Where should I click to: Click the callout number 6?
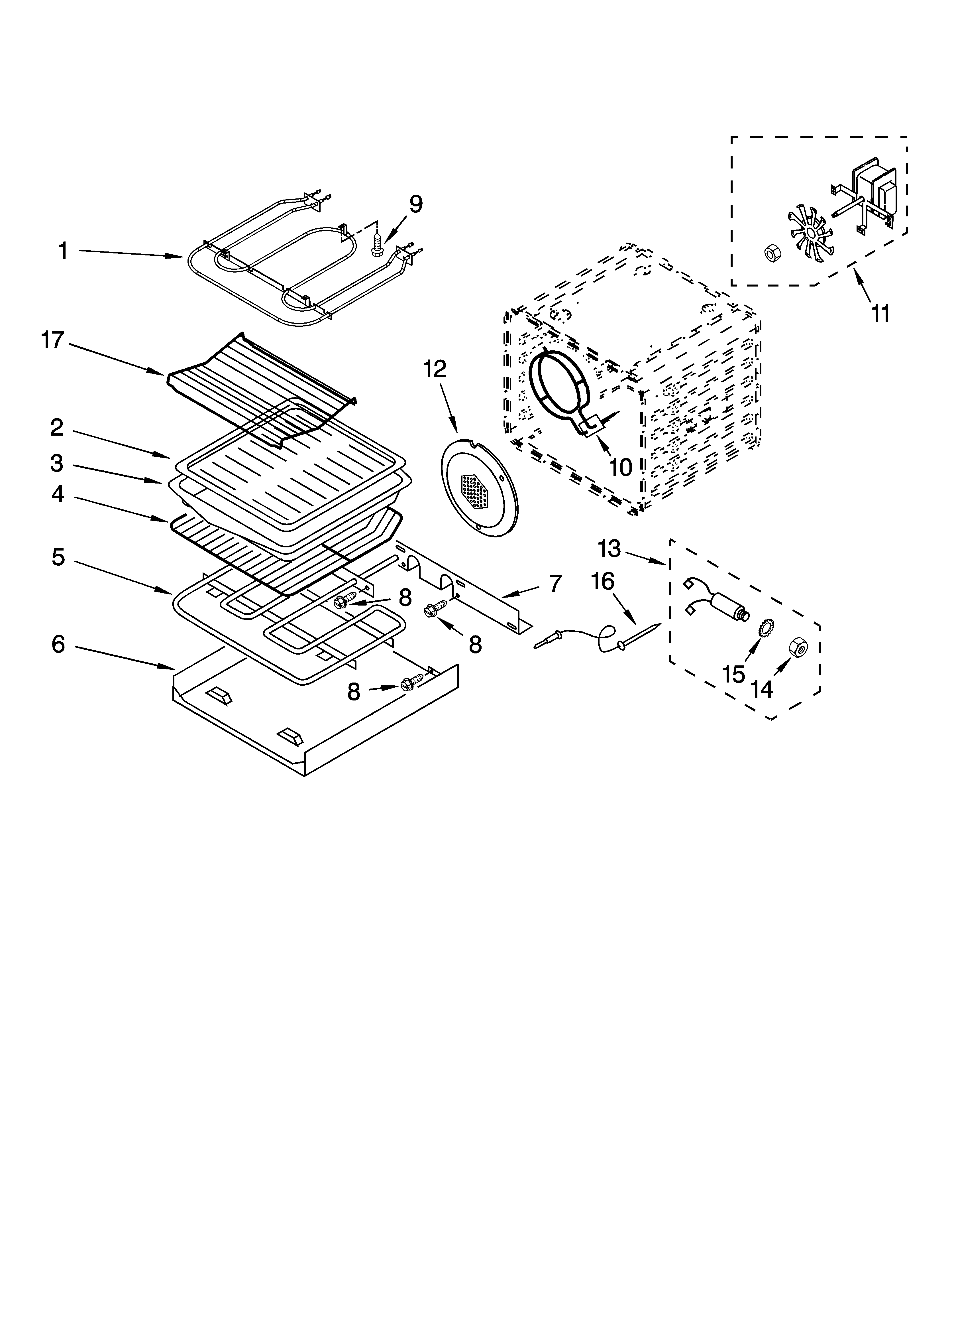[58, 644]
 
